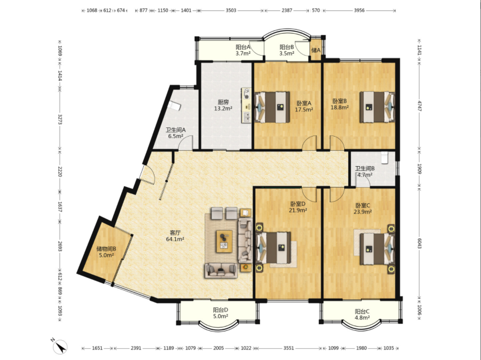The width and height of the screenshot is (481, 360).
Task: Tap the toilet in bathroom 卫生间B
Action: click(385, 158)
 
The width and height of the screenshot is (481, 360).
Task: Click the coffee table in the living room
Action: click(224, 241)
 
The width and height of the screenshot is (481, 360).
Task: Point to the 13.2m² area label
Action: click(223, 109)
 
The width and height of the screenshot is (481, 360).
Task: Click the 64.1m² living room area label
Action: click(175, 240)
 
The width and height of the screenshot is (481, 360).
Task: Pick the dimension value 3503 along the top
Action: click(231, 10)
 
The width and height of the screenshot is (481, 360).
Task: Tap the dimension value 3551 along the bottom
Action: click(288, 348)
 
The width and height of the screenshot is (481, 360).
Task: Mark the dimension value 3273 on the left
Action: click(60, 120)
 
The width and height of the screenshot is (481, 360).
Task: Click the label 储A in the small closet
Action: click(316, 50)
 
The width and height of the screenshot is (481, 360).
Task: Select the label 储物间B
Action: click(106, 248)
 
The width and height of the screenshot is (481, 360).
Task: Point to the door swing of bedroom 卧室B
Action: click(337, 143)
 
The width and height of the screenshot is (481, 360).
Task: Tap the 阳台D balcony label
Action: click(221, 310)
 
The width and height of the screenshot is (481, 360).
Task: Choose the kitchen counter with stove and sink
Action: click(246, 105)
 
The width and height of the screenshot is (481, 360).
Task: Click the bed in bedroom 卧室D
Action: click(273, 248)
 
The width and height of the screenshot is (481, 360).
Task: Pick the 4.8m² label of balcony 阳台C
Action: click(362, 318)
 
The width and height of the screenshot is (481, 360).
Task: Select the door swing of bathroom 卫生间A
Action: click(186, 143)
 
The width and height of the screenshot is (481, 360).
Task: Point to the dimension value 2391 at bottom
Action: click(136, 348)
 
